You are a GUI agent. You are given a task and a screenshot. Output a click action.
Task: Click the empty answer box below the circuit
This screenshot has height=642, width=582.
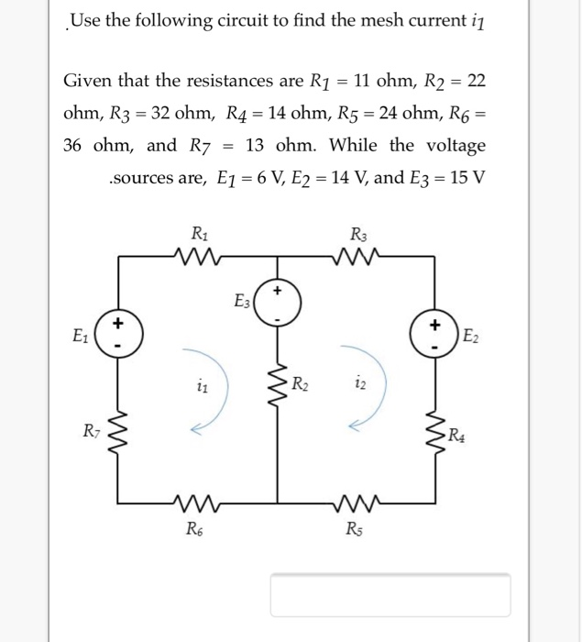click(x=390, y=593)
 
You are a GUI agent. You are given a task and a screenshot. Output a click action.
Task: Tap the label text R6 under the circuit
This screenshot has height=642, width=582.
click(x=195, y=527)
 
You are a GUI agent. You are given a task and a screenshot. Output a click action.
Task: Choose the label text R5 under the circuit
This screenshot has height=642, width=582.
click(x=353, y=527)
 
